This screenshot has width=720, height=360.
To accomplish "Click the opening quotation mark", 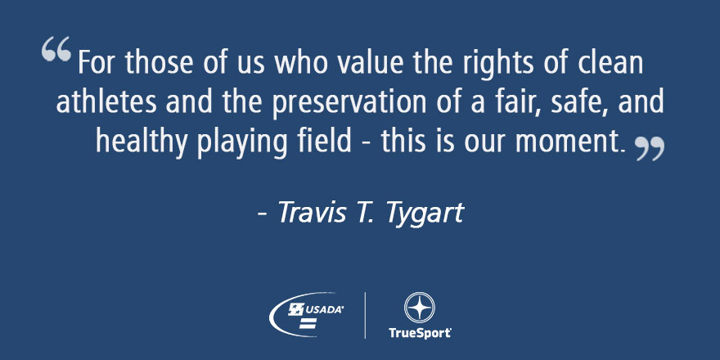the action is (x=56, y=49).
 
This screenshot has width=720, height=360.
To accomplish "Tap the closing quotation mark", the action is (x=650, y=149).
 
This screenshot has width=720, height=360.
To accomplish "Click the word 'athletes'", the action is (x=107, y=101).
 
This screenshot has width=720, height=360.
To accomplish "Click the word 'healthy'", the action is (x=142, y=143).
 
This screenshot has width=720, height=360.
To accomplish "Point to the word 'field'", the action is (x=323, y=141).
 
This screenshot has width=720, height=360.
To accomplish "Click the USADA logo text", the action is (x=324, y=310).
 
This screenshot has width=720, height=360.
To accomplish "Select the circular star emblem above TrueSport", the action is (x=419, y=308).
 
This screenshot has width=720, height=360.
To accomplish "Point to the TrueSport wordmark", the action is (x=419, y=332).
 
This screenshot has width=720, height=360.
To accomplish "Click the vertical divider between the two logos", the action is (x=365, y=316).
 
